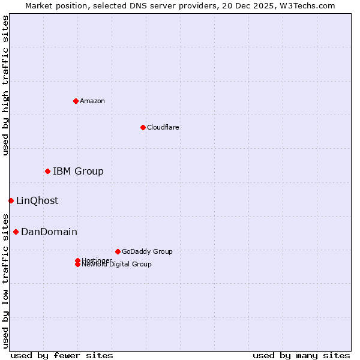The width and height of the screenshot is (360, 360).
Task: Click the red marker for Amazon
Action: click(76, 101)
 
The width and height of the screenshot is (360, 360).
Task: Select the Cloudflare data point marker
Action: click(143, 127)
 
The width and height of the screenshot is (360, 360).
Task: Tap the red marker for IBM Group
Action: click(47, 172)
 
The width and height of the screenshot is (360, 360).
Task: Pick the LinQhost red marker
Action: click(11, 200)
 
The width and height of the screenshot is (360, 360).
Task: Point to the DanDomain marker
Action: click(16, 232)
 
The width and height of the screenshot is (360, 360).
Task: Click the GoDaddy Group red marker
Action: click(118, 251)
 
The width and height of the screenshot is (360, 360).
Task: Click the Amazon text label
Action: click(92, 101)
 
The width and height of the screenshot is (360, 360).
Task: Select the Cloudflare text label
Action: click(163, 127)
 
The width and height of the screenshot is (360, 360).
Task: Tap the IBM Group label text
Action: click(78, 172)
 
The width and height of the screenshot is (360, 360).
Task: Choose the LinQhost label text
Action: click(37, 201)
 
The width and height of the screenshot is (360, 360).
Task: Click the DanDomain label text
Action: click(49, 232)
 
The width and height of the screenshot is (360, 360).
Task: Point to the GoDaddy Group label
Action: click(147, 251)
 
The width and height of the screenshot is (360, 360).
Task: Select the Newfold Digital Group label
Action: click(116, 265)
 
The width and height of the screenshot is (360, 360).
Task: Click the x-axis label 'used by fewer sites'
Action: click(62, 356)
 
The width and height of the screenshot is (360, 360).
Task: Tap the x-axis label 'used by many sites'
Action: click(301, 356)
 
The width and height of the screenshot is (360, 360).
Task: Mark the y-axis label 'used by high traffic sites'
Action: click(5, 85)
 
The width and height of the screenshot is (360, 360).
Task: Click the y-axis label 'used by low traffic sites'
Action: click(5, 280)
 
